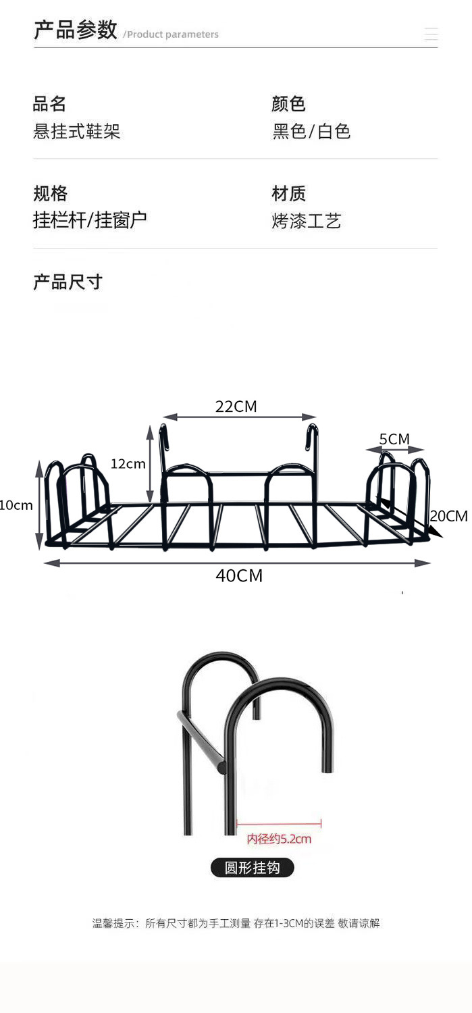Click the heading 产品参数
point(76,30)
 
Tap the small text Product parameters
point(173,34)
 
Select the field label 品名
point(50,104)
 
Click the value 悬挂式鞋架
point(77,131)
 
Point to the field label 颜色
point(288,104)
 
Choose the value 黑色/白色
point(311,131)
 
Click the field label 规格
point(51,194)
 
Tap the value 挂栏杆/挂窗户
point(90,220)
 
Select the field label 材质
point(288,194)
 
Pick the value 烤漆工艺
point(307,221)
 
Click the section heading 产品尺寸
point(68,282)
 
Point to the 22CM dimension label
point(236,407)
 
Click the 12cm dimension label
point(128,464)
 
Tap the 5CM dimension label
point(394,440)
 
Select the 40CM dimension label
point(239,576)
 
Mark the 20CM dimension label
point(449,517)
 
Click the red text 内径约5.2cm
point(279,839)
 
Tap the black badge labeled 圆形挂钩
point(253,868)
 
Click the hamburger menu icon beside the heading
point(431,34)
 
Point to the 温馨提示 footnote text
point(236,923)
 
